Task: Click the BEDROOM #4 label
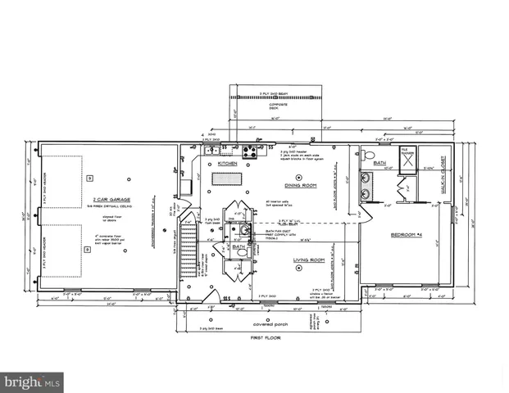tap(406, 236)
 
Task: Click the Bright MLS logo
tap(32, 382)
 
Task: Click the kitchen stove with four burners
tap(250, 151)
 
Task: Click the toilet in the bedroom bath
tap(369, 155)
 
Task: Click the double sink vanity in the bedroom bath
tap(366, 187)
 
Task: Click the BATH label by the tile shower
tap(379, 164)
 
